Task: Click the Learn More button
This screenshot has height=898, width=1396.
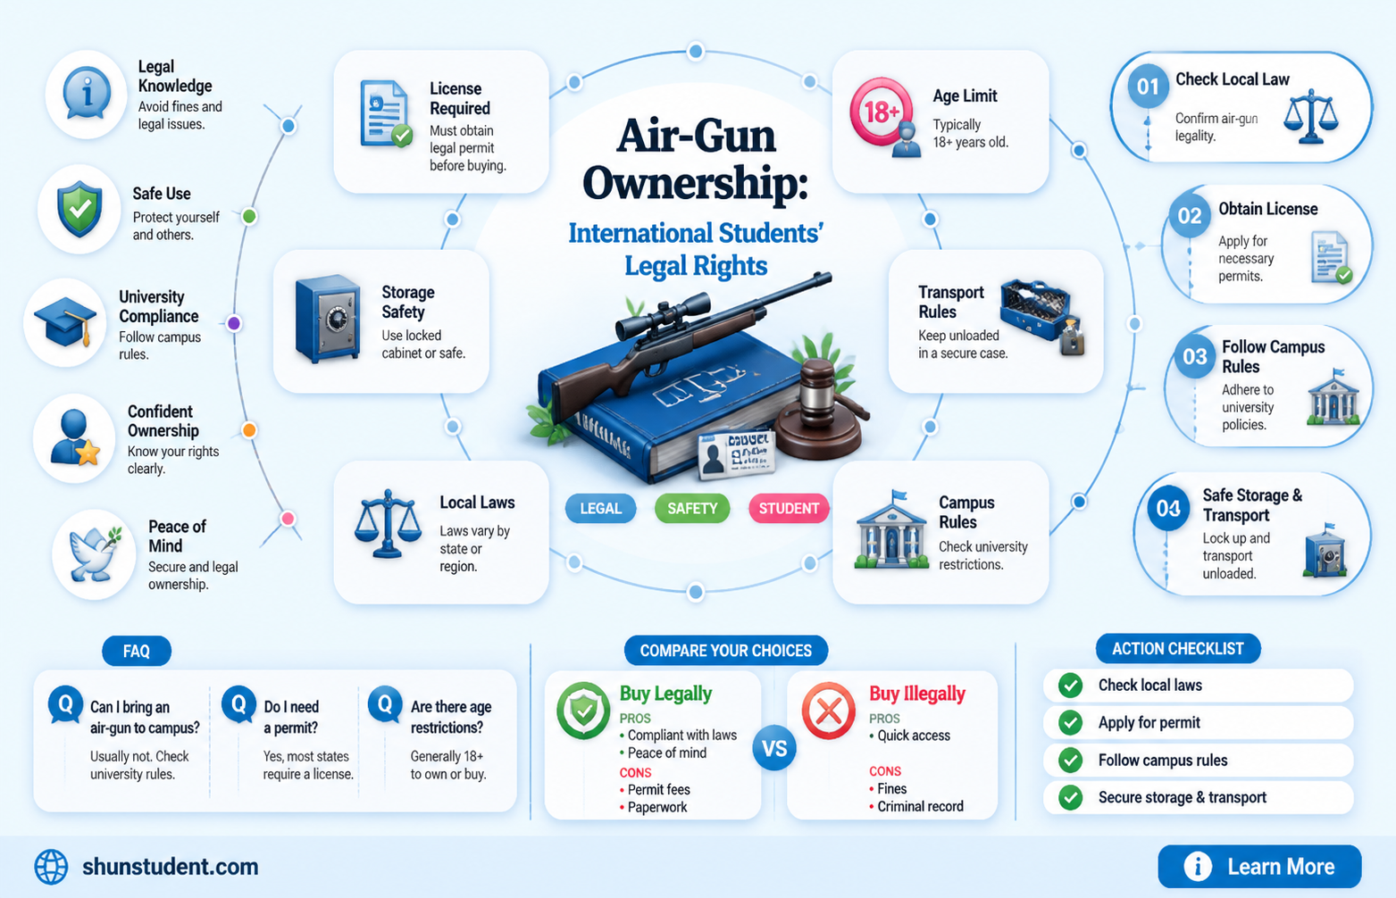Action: (x=1259, y=866)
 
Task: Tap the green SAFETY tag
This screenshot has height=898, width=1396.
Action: (x=692, y=508)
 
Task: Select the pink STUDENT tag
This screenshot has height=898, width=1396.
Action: (x=789, y=508)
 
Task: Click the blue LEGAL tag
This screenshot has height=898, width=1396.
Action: (x=601, y=508)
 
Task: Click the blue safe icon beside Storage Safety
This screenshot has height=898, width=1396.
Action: (x=328, y=319)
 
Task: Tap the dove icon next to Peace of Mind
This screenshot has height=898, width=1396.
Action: (x=95, y=553)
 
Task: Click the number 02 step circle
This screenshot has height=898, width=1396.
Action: (x=1189, y=215)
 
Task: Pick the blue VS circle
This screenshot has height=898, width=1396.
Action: (x=774, y=748)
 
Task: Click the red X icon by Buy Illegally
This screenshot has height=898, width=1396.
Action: (x=828, y=711)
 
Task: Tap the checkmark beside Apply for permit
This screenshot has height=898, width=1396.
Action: (x=1070, y=722)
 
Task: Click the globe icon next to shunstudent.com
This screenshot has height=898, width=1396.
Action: (x=51, y=867)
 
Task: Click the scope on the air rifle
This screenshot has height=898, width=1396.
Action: (x=663, y=315)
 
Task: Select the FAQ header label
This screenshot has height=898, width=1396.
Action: (x=137, y=651)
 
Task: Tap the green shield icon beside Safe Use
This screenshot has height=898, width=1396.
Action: (x=79, y=209)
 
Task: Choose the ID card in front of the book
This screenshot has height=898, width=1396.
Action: (x=737, y=455)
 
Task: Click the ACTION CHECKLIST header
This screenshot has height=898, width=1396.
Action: (x=1178, y=649)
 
